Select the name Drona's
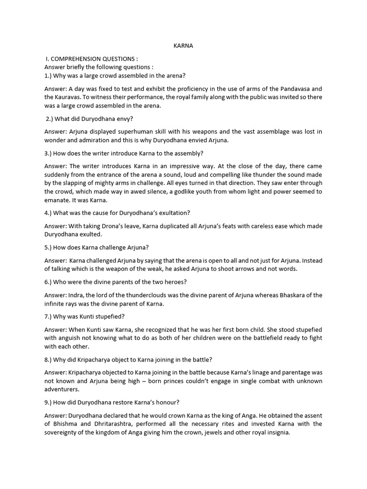tap(115, 226)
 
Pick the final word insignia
tap(276, 433)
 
